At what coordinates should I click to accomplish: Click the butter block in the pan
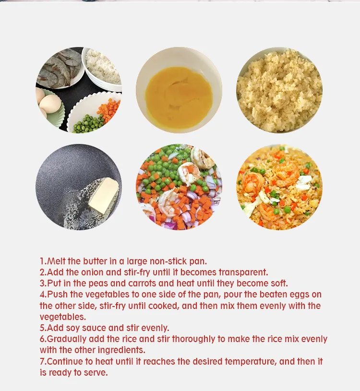pos(104,195)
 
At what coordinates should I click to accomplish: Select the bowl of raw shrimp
pos(60,68)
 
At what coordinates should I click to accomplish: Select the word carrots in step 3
pos(142,283)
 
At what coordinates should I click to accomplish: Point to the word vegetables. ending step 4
pos(63,317)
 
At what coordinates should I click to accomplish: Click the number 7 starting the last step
pos(42,362)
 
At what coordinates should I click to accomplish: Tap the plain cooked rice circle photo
pos(279,90)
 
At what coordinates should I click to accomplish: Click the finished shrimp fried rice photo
pos(279,187)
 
